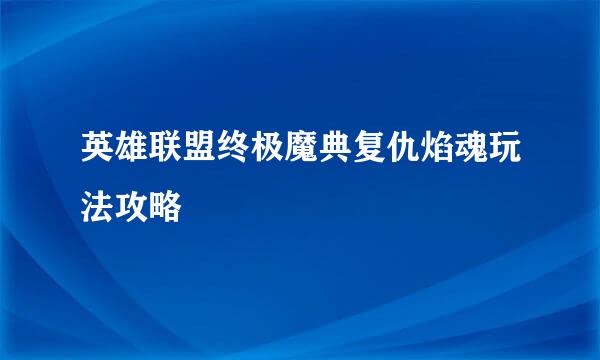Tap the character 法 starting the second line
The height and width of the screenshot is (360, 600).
100,207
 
